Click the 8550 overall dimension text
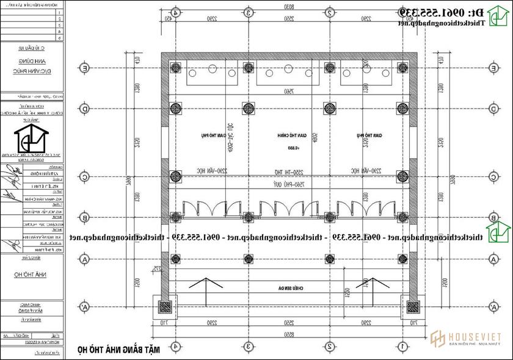pyautogui.click(x=289, y=335)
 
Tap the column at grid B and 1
pyautogui.click(x=402, y=217)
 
